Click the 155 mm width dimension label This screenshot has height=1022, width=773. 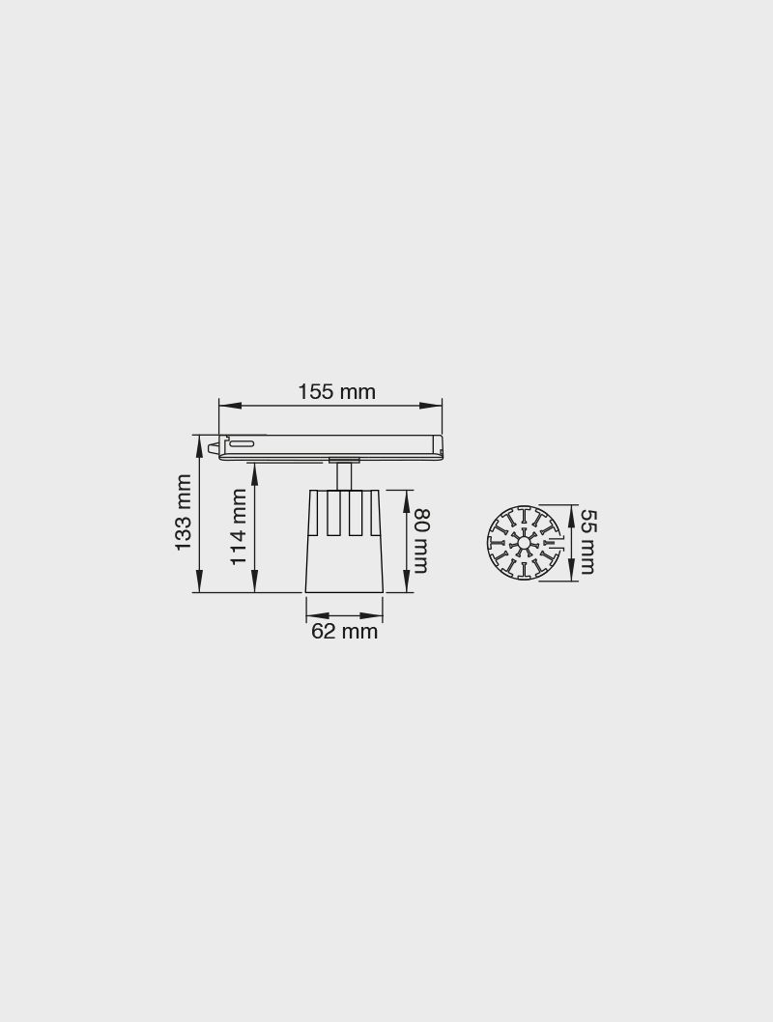[x=336, y=392]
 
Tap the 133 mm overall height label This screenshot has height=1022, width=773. [x=184, y=512]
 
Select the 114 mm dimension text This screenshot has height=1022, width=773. [x=239, y=526]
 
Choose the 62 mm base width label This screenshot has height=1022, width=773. [x=344, y=632]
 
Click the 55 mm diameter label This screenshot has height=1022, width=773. [x=587, y=542]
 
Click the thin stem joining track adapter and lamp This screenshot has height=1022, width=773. [x=344, y=476]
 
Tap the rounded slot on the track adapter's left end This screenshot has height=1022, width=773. [x=242, y=444]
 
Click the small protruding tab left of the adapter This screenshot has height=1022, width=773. [x=212, y=447]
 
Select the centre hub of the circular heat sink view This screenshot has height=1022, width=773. [x=524, y=543]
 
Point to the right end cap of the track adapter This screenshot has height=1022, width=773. [x=438, y=446]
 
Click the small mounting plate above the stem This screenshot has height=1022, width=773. [x=344, y=460]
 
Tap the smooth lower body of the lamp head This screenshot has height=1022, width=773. [x=344, y=565]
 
